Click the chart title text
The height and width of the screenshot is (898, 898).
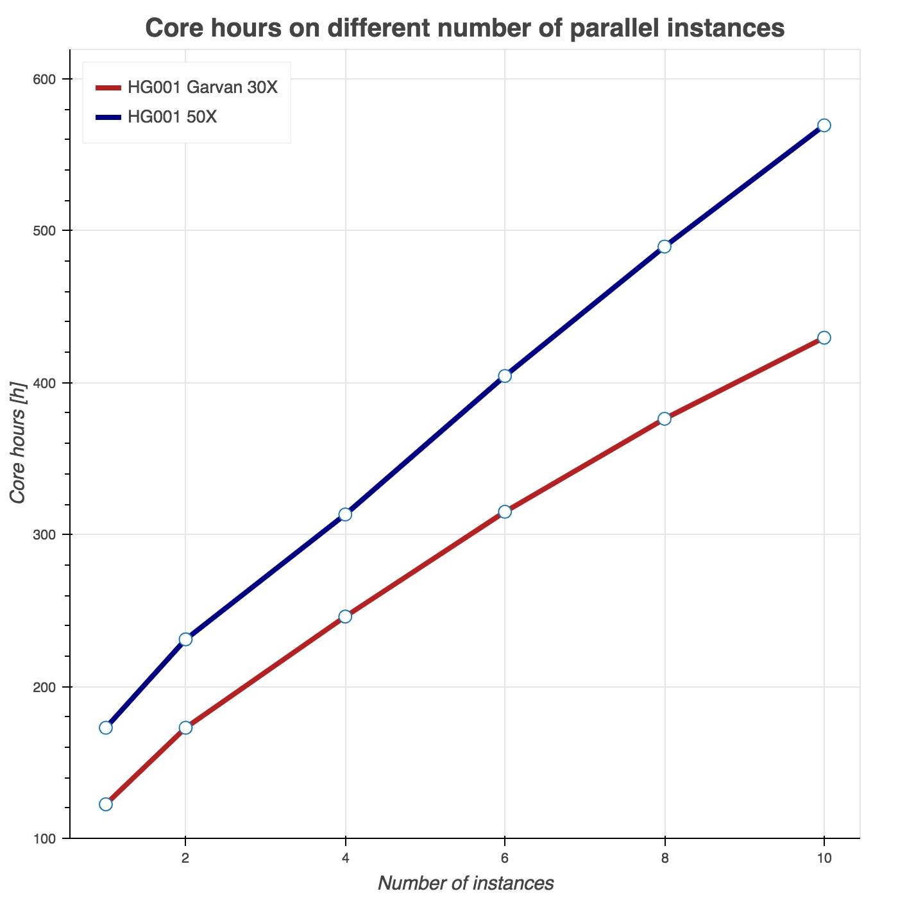click(465, 29)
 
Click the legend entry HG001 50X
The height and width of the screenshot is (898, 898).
click(172, 117)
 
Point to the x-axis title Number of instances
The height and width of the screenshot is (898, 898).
click(465, 883)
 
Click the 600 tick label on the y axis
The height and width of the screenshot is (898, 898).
click(46, 79)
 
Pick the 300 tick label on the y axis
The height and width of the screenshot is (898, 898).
click(46, 534)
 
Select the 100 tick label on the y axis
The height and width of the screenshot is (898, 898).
click(46, 838)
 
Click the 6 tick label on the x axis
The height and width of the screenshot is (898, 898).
click(505, 858)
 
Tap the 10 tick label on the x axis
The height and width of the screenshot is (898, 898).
click(824, 858)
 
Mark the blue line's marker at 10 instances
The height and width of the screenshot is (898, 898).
click(824, 125)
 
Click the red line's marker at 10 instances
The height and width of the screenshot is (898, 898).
click(824, 337)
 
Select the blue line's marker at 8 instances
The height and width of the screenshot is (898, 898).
click(665, 246)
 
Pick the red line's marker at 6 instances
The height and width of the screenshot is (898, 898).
click(505, 511)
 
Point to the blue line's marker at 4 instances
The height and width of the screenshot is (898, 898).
click(345, 514)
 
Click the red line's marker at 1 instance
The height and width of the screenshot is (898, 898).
click(106, 804)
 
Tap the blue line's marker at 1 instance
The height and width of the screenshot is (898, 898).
click(106, 727)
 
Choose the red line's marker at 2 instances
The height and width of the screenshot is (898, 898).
click(185, 727)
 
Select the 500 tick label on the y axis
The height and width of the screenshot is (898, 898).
click(46, 231)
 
